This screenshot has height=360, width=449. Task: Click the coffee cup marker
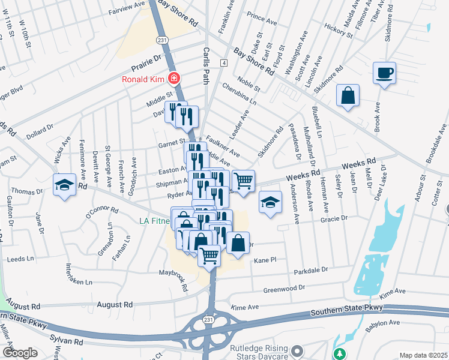coord(384,73)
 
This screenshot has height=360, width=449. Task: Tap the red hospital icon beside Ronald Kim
coord(173,79)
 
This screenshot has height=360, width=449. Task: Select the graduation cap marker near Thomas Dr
coord(64,185)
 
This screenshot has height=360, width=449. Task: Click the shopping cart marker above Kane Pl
coord(209,256)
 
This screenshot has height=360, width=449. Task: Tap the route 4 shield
coord(223,63)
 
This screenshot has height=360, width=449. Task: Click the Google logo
coord(20,353)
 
